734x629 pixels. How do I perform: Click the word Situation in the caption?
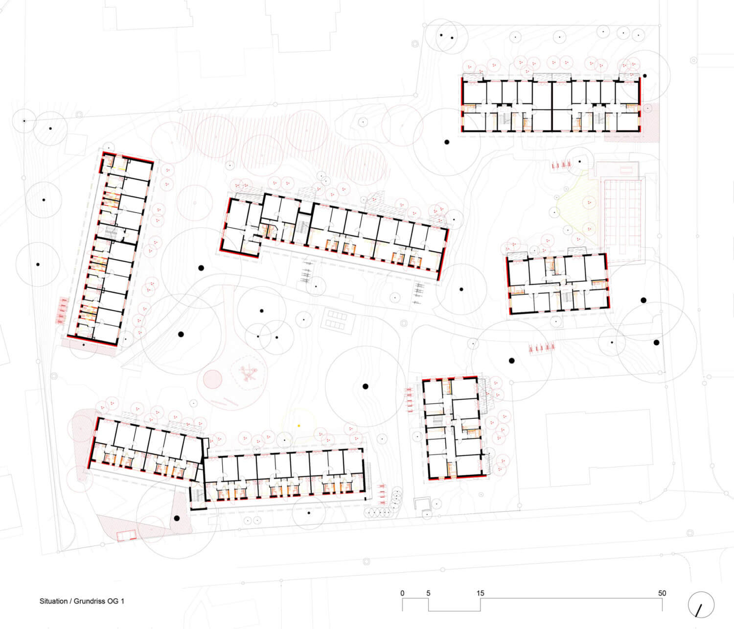pos(53,601)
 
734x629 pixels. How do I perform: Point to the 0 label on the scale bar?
pos(402,593)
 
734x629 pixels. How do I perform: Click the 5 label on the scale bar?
pos(428,593)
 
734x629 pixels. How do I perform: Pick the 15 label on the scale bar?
pos(480,593)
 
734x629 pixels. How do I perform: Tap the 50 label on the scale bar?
pos(662,593)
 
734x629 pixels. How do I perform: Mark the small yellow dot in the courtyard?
pos(299,426)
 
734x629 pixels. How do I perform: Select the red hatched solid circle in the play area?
pos(213,379)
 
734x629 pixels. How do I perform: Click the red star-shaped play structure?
pos(249,373)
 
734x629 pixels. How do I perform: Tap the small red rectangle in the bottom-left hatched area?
pos(126,535)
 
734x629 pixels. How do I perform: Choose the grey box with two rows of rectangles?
pos(338,319)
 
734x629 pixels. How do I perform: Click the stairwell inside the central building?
pos(303,228)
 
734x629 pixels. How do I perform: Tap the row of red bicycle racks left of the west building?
pos(62,311)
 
